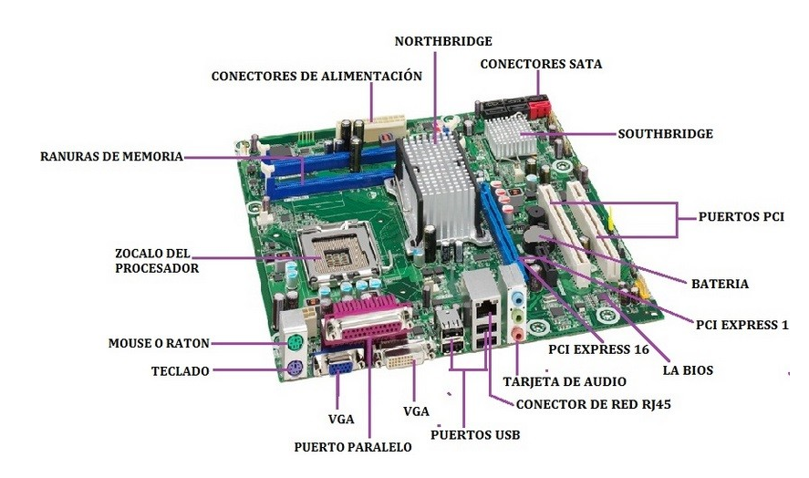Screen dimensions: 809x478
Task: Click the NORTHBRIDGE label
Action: pos(443,41)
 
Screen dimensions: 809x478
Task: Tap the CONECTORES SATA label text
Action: pos(541,64)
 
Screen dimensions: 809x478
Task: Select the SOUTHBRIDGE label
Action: pos(666,134)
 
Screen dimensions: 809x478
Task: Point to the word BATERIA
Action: pos(720,284)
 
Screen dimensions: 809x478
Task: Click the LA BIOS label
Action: pos(688,370)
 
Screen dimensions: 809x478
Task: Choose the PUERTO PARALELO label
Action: pos(353,447)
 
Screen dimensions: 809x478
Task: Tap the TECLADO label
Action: pos(180,371)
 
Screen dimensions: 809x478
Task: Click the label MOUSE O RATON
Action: pos(159,343)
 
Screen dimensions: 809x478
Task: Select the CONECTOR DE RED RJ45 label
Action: pos(594,404)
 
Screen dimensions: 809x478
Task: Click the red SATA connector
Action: pos(538,108)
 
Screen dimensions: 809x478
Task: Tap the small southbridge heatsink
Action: pos(510,137)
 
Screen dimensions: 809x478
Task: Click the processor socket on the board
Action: pos(339,252)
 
